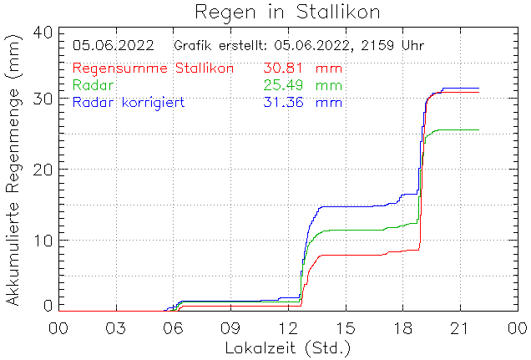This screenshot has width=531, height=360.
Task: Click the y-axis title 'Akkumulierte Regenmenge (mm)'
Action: tap(14, 170)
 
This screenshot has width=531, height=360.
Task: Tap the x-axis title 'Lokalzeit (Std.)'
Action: tap(287, 347)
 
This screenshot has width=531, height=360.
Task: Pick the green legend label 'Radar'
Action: tap(94, 85)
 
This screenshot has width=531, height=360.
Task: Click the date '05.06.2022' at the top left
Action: tap(114, 45)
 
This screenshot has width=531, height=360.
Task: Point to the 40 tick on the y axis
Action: tap(43, 32)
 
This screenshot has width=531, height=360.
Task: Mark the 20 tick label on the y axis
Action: tap(43, 170)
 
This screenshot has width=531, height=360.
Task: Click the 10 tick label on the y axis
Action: tap(43, 241)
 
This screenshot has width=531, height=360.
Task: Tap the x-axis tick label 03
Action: tap(115, 327)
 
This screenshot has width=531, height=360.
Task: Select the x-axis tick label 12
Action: tap(288, 327)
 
